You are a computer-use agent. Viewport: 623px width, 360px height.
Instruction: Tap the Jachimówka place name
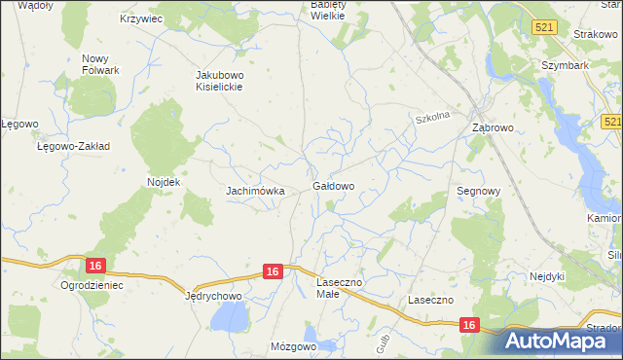coord(255,191)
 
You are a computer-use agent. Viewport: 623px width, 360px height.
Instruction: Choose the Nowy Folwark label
coord(100,64)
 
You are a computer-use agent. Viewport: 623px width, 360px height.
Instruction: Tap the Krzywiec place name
coord(140,18)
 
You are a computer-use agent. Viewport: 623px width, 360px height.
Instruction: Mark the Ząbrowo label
coord(493,127)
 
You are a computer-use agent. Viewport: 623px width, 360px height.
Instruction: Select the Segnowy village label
coord(479,192)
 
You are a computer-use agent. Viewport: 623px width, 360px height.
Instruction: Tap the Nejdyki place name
coord(547,276)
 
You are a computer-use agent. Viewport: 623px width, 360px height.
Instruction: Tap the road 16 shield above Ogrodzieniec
coord(94,266)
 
